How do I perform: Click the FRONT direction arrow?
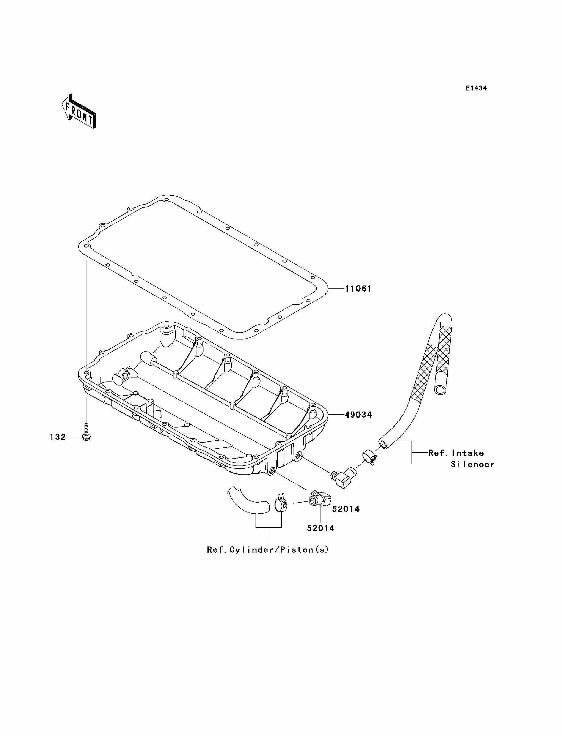(x=79, y=111)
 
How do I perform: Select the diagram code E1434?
(x=477, y=88)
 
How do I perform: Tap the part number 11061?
(x=358, y=289)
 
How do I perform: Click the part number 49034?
(x=358, y=415)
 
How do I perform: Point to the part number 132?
(x=58, y=437)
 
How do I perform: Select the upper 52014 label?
(x=346, y=509)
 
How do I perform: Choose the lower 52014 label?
(x=321, y=528)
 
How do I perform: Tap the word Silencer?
(x=472, y=465)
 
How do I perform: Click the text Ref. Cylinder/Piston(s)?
(x=268, y=550)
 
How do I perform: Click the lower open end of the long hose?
(x=383, y=444)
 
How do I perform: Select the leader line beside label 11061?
(x=336, y=288)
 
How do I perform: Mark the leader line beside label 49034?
(x=336, y=415)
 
